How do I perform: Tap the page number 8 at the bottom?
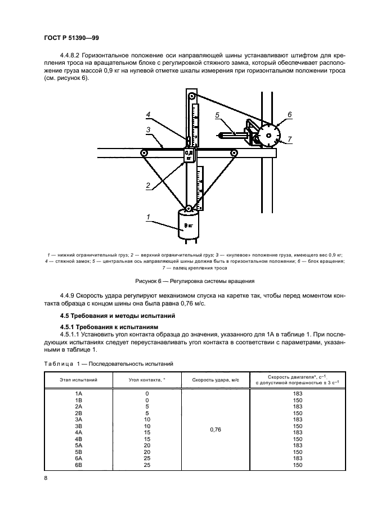tap(46, 478)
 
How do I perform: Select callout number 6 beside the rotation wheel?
tap(290, 115)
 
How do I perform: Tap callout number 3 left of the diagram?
tap(147, 130)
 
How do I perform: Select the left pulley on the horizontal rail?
tap(144, 152)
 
